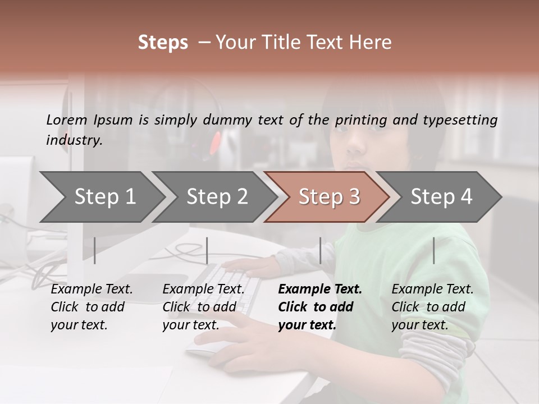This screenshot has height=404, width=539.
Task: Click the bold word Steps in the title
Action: [163, 43]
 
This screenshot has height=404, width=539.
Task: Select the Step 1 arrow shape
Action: [101, 197]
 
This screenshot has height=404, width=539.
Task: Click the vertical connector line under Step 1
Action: [95, 250]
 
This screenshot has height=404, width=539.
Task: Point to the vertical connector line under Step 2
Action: [207, 250]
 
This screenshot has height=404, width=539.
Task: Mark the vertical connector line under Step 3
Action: [320, 250]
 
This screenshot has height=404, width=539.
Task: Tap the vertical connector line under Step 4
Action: [433, 250]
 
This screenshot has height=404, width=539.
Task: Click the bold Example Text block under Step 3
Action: [320, 307]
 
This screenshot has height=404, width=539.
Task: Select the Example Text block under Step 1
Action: [92, 307]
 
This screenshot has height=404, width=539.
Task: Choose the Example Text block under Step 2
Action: [203, 307]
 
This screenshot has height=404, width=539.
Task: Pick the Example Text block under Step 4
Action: [432, 307]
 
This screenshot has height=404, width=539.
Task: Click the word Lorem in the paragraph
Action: [67, 120]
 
